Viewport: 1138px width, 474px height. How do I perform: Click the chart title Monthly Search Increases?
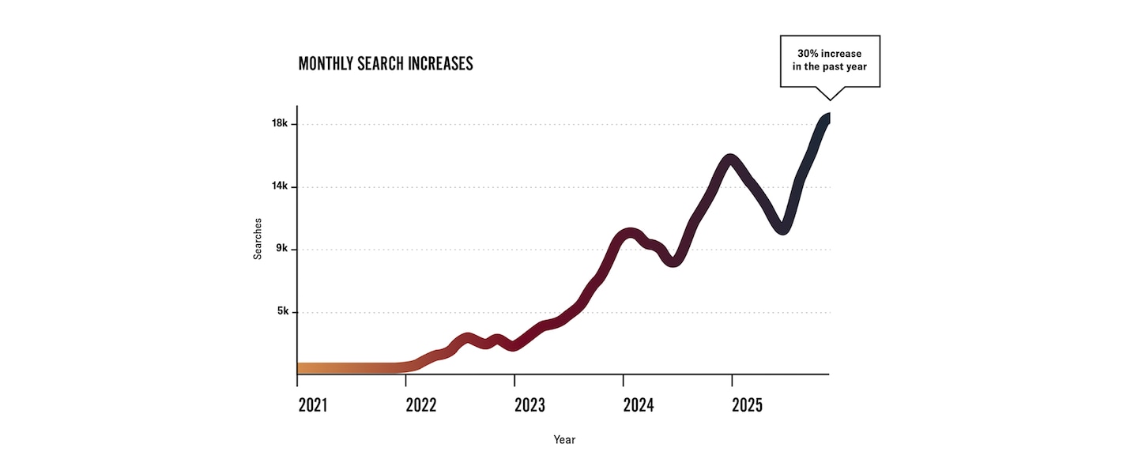[x=386, y=64]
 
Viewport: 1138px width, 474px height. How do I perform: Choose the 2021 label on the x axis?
[x=313, y=405]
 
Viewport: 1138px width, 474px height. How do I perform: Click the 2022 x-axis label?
[x=421, y=405]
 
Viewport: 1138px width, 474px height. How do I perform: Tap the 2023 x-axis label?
[x=529, y=405]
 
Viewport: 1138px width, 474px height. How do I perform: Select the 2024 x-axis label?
[x=639, y=405]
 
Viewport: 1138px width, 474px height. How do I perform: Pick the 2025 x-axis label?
[x=747, y=405]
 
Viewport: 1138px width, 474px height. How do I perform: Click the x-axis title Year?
[x=564, y=439]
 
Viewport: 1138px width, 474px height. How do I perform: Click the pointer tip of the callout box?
[x=829, y=100]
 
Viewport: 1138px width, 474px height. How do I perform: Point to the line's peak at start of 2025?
[x=730, y=160]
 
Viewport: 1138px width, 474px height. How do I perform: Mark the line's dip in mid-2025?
[x=782, y=228]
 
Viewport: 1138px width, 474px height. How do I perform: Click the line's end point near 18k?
[x=826, y=118]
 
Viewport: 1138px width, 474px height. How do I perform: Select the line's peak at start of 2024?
[x=629, y=234]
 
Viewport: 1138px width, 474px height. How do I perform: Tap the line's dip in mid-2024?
[x=673, y=261]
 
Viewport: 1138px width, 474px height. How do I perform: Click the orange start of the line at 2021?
[x=303, y=368]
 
